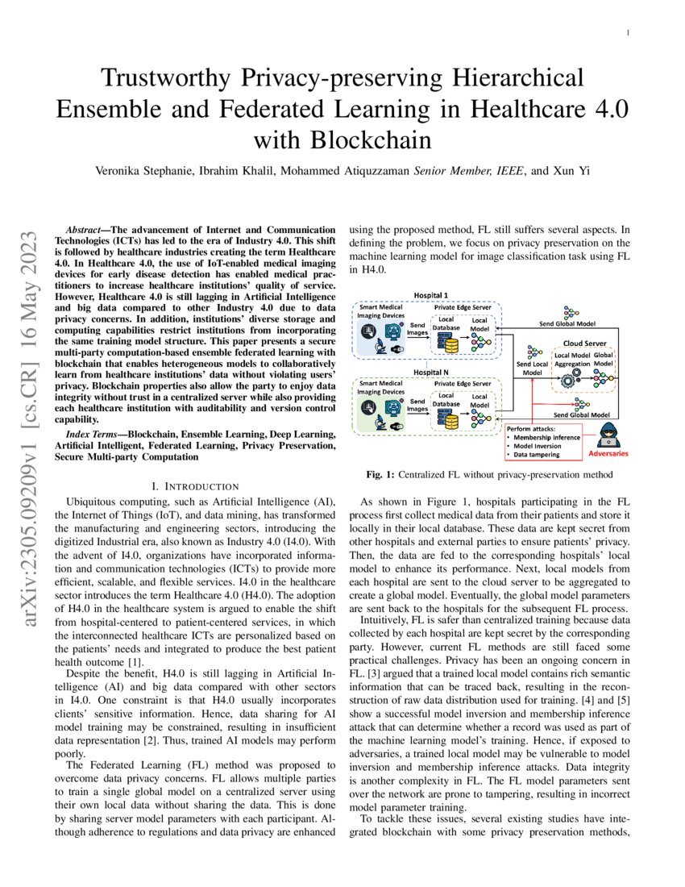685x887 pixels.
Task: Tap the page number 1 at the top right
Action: (x=628, y=33)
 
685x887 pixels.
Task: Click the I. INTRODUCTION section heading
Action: (x=195, y=486)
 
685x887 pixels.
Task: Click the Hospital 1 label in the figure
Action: (x=433, y=296)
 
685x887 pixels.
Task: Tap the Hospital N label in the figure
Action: (x=433, y=373)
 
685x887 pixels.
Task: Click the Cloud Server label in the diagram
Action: (x=584, y=344)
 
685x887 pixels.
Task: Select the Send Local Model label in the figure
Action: (x=532, y=369)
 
